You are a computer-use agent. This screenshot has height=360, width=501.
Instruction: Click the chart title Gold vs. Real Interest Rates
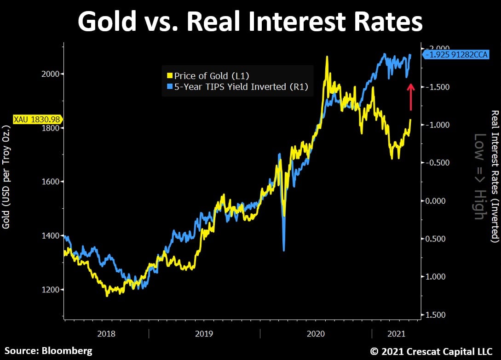pyautogui.click(x=250, y=22)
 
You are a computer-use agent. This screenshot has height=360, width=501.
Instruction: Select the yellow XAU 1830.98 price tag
pyautogui.click(x=31, y=119)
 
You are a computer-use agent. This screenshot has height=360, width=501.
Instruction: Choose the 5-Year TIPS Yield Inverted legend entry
pyautogui.click(x=236, y=86)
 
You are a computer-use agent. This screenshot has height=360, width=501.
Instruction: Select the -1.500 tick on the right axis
pyautogui.click(x=435, y=87)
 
